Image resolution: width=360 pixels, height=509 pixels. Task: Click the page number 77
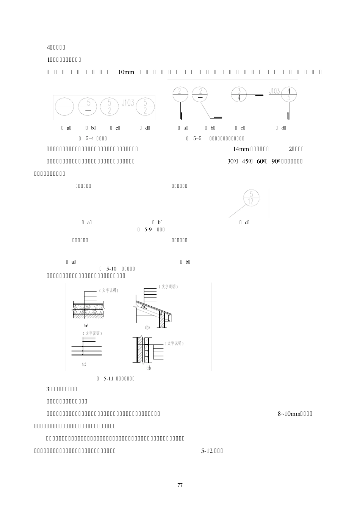tap(180, 485)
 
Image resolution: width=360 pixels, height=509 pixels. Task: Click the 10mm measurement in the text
tap(126, 72)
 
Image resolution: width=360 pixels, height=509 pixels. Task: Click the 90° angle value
tap(277, 161)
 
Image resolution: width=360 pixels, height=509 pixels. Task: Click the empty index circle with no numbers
tap(64, 107)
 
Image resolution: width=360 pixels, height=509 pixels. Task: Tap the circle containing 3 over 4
tap(239, 94)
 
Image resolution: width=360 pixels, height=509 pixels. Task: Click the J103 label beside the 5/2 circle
tap(128, 102)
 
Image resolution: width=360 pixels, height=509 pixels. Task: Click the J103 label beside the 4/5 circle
tap(274, 91)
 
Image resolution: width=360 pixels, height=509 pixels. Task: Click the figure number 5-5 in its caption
tap(197, 138)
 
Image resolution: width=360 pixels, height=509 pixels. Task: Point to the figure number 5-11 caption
tap(109, 378)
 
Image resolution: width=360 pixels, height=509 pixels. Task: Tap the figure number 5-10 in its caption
tap(112, 269)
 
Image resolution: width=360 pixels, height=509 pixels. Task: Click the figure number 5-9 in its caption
tap(148, 230)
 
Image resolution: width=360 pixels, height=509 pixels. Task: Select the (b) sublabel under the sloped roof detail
tap(147, 328)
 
